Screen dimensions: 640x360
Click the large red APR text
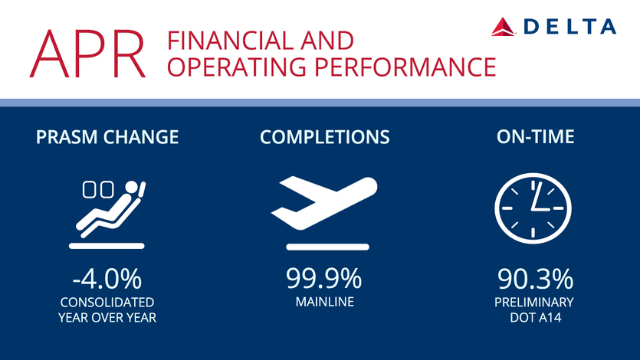coord(87,54)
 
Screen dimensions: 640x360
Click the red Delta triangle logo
coord(503,27)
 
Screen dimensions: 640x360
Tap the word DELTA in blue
coord(569,27)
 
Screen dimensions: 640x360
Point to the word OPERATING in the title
coord(237,67)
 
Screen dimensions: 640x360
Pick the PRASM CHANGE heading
coord(107,137)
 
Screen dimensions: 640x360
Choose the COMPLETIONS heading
coord(325,137)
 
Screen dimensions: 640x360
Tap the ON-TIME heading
coord(536,136)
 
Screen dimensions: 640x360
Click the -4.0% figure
coord(107,279)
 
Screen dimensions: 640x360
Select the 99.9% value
coord(323,279)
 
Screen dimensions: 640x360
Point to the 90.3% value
coord(536,279)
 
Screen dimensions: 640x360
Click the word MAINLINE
coord(325,302)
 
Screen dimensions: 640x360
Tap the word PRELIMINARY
coord(534,302)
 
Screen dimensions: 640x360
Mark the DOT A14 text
coord(536,318)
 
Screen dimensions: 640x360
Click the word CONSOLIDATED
coord(107,302)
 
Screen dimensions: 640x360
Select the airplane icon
coord(323,203)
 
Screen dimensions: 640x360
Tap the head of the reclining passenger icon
coord(132,187)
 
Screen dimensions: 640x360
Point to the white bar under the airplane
coord(328,247)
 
